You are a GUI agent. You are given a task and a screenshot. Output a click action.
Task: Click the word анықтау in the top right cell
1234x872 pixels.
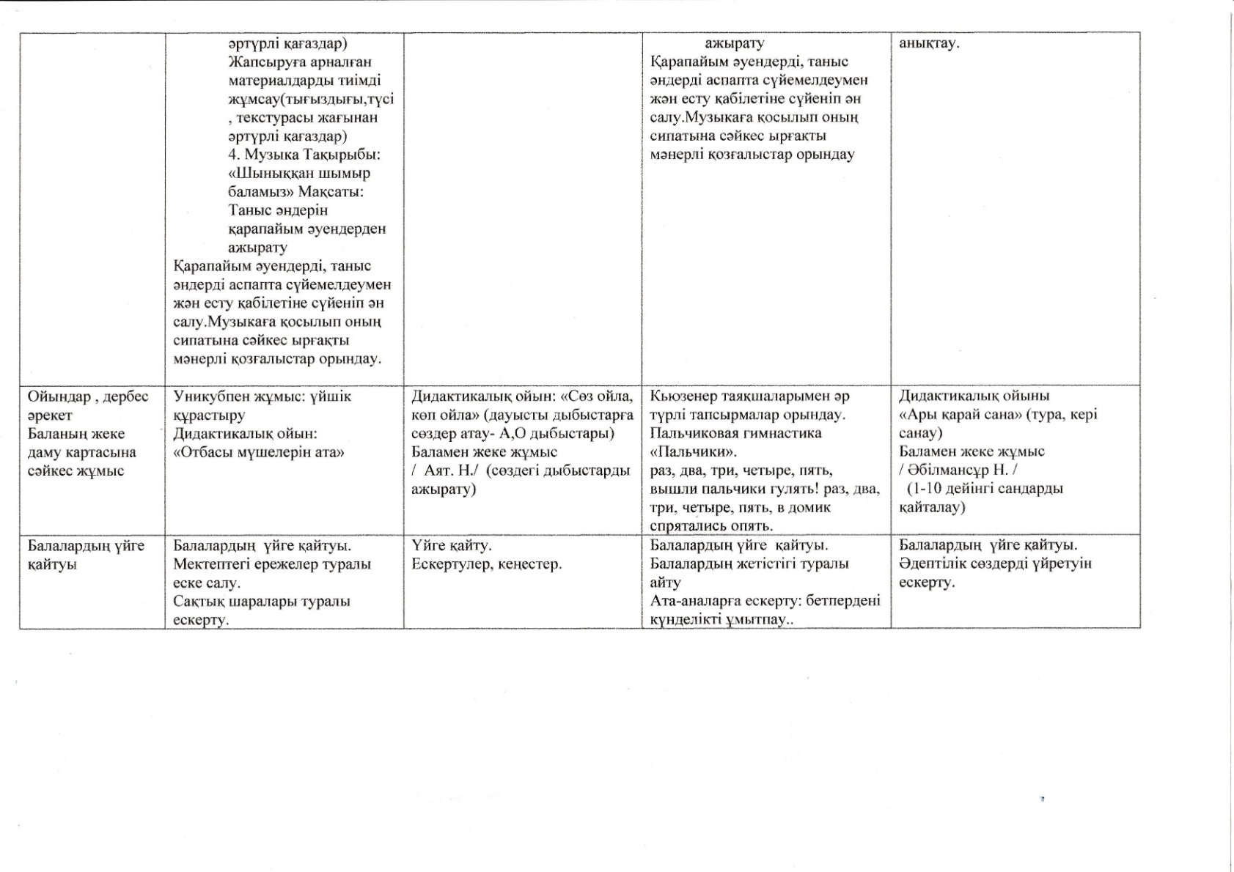[x=928, y=43]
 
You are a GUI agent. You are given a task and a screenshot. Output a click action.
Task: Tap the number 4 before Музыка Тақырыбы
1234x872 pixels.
[x=232, y=155]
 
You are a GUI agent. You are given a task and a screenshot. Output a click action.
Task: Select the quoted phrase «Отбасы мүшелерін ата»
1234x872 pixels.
[x=258, y=452]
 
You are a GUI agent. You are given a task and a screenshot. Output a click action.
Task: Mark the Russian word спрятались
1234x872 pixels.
[x=686, y=526]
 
